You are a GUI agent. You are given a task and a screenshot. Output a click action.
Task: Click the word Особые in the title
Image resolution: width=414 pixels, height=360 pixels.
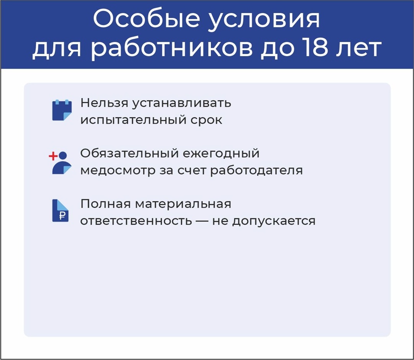click(146, 19)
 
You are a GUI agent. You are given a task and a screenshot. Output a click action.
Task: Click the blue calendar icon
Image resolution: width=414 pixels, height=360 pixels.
click(62, 110)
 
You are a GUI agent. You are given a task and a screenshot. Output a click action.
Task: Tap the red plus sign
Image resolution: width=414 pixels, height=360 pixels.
click(53, 156)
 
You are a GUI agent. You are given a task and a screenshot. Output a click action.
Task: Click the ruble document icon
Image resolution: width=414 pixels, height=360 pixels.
click(61, 211)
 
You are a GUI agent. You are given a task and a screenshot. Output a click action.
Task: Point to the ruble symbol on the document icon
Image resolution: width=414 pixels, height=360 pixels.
click(62, 216)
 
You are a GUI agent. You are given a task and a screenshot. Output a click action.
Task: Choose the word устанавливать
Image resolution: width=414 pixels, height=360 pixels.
click(181, 103)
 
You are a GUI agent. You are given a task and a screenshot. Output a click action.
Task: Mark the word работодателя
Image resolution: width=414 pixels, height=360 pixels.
click(256, 170)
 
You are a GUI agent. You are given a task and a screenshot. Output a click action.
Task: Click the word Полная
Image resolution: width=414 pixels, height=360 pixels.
click(105, 204)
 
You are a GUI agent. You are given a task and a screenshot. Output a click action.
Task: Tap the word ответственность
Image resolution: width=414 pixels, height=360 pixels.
click(136, 221)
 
